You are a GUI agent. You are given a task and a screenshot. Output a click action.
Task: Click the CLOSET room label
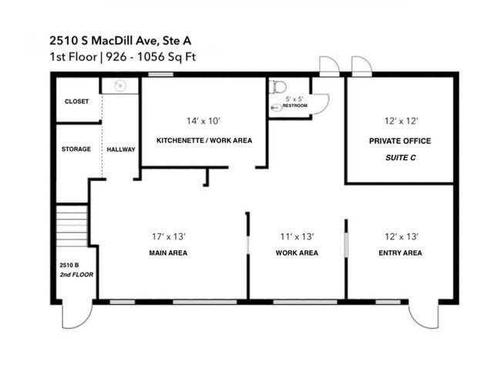(x=76, y=102)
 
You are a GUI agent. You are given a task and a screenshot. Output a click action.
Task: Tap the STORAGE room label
(x=76, y=149)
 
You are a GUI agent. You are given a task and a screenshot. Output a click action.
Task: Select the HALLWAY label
(x=121, y=149)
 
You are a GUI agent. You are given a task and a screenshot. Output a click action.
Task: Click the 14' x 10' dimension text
(x=204, y=120)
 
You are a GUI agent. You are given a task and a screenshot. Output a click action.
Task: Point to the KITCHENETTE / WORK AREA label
(x=204, y=141)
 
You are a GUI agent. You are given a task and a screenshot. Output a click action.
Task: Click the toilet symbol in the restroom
(x=277, y=88)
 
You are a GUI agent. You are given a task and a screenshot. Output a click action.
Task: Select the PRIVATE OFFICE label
(x=399, y=141)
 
